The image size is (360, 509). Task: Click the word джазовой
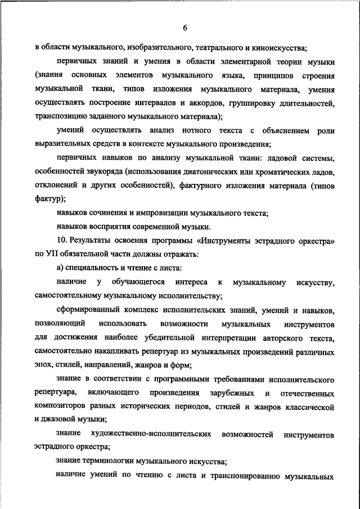pyautogui.click(x=59, y=420)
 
